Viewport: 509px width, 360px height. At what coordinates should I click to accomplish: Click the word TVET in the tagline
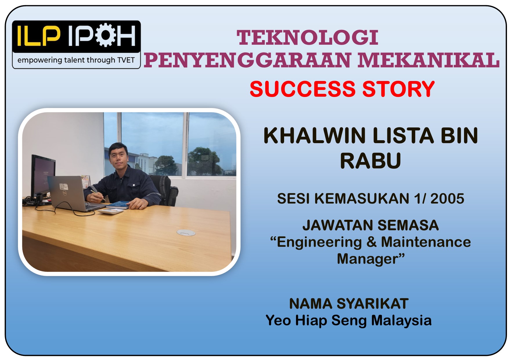[x=126, y=60]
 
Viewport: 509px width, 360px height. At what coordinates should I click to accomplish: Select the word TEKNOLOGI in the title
[x=307, y=38]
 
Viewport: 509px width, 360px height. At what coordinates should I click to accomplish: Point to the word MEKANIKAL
[x=429, y=60]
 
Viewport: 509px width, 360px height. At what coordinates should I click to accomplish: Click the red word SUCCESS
[x=302, y=89]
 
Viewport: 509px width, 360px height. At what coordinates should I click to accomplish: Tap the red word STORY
[x=398, y=89]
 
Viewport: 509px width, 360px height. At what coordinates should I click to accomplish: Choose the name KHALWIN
[x=315, y=136]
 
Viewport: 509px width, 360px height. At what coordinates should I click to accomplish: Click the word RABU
[x=371, y=161]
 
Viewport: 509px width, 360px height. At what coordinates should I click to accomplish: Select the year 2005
[x=447, y=199]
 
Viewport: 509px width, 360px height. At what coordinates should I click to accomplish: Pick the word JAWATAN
[x=337, y=225]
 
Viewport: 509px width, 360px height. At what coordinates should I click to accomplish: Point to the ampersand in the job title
[x=371, y=242]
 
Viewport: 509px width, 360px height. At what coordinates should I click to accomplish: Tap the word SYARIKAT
[x=372, y=304]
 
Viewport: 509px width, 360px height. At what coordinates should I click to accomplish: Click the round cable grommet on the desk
[x=186, y=232]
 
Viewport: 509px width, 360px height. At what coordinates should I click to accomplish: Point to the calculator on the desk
[x=110, y=211]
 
